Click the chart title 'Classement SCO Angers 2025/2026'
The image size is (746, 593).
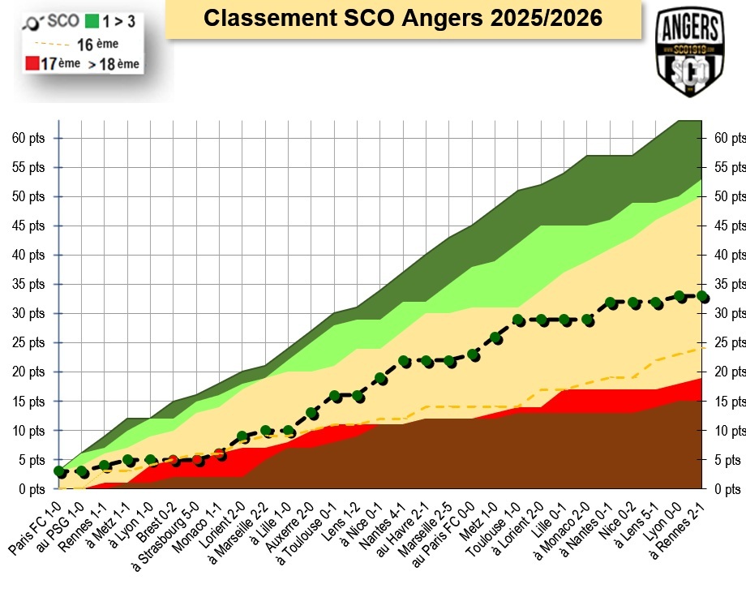403,19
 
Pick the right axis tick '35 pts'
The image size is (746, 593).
727,284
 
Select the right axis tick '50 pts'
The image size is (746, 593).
727,196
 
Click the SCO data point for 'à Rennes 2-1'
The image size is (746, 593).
703,296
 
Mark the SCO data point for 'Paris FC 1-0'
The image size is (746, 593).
59,471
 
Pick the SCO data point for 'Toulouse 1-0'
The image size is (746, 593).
516,320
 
